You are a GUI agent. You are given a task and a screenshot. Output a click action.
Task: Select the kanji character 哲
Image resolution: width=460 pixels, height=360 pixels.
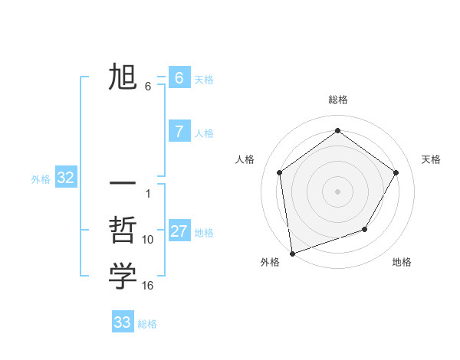pos(123,231)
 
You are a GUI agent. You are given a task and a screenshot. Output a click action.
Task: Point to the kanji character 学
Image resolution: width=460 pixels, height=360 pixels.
pos(123,277)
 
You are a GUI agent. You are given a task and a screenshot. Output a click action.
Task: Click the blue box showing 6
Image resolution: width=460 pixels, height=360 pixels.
pos(179,77)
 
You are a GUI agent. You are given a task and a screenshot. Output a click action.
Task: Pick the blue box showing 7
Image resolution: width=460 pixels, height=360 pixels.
pos(179,131)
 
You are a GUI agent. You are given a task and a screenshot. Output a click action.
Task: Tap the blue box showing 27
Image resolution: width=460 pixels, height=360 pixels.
pos(179,231)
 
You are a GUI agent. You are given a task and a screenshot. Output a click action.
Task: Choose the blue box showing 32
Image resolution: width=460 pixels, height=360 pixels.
pos(65,178)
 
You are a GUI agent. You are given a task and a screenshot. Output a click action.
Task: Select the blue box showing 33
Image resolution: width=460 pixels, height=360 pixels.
pos(122,322)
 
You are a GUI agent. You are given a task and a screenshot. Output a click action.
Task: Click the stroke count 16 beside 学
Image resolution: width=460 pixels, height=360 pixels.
pos(148,286)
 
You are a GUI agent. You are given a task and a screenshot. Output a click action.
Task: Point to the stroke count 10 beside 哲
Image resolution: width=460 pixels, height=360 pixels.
pos(148,240)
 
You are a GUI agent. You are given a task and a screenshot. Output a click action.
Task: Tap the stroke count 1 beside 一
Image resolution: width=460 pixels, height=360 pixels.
pos(148,193)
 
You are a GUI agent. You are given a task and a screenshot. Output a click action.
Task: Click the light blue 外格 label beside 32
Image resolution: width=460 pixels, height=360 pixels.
pos(41,179)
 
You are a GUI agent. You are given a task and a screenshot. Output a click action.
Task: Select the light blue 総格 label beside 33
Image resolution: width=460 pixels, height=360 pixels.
pos(147,324)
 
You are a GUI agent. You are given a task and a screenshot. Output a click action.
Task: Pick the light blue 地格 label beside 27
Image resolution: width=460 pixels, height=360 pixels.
pos(204,233)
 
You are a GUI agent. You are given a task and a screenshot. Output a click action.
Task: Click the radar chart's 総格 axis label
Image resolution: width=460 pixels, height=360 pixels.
pos(337,100)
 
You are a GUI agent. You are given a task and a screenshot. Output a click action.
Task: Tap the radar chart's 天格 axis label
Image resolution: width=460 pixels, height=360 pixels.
pos(431,159)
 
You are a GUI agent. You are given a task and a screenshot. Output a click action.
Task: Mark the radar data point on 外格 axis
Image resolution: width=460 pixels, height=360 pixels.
pos(292,253)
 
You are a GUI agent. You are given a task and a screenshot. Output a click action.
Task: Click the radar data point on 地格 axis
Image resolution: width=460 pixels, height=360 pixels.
pos(365,229)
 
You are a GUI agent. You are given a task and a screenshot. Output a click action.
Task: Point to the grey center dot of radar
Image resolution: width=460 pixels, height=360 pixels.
pos(337,191)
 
